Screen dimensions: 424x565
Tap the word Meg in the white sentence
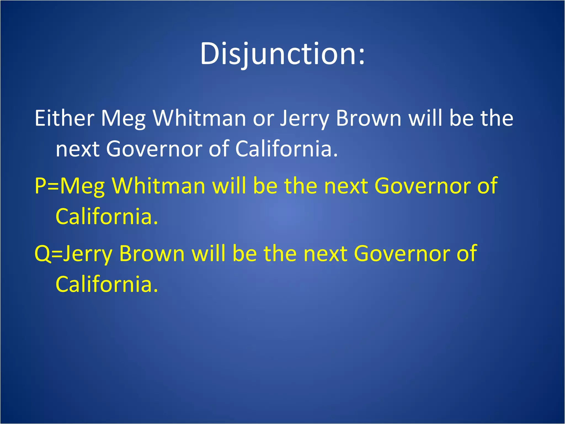(123, 119)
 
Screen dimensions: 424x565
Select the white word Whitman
(199, 118)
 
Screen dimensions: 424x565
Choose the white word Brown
(369, 118)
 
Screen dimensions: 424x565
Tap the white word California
(286, 149)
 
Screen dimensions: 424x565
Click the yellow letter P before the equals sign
(40, 186)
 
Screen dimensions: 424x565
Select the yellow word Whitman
(159, 185)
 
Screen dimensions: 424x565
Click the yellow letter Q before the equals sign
(42, 254)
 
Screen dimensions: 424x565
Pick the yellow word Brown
(152, 253)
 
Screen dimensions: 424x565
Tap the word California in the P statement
(106, 216)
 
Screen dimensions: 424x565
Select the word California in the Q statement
(106, 284)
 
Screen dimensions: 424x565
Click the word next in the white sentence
(78, 149)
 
